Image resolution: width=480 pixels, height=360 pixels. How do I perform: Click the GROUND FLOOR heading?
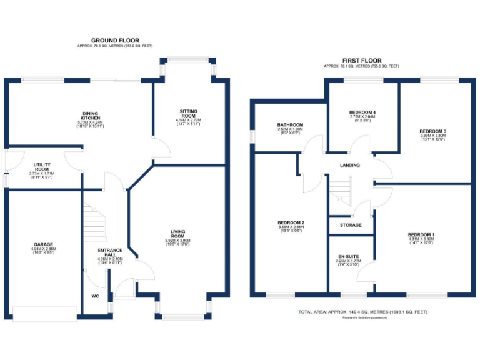pyautogui.click(x=114, y=41)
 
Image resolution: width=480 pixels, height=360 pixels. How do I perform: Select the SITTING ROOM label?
pyautogui.click(x=188, y=114)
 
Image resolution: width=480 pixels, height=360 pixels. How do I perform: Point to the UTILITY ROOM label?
pyautogui.click(x=42, y=169)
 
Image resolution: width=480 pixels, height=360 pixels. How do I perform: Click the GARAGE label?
pyautogui.click(x=43, y=244)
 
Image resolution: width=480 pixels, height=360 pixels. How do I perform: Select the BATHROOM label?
pyautogui.click(x=290, y=125)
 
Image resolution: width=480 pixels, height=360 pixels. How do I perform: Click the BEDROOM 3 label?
pyautogui.click(x=432, y=131)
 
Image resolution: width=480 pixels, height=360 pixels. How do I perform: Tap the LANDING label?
pyautogui.click(x=349, y=165)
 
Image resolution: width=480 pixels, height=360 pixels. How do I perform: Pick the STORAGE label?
pyautogui.click(x=351, y=224)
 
